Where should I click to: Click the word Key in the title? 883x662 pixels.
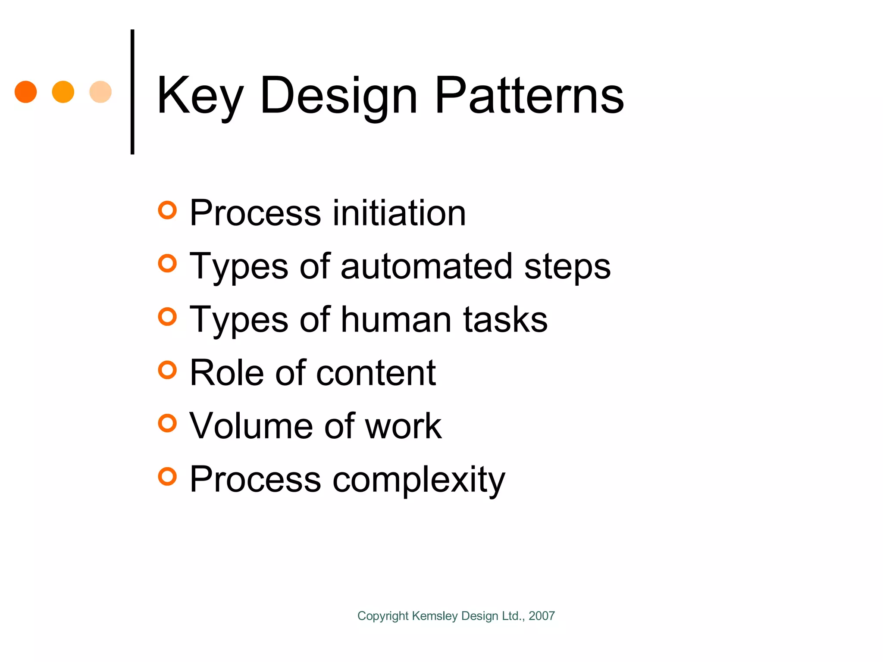click(x=200, y=96)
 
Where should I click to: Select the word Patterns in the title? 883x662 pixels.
click(x=529, y=96)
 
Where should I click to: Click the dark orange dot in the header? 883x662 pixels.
click(x=26, y=92)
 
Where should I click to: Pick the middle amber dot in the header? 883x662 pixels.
click(x=63, y=92)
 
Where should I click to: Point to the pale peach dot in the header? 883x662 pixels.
click(x=100, y=92)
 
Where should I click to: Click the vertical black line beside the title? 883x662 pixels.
click(x=132, y=92)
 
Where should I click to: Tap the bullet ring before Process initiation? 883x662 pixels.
click(x=167, y=210)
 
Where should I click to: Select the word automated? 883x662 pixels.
click(x=426, y=266)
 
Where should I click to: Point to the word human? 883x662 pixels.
click(x=396, y=319)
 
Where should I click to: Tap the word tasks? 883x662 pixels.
click(x=505, y=319)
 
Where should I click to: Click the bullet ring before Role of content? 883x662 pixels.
click(x=167, y=370)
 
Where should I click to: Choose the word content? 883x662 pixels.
click(x=376, y=373)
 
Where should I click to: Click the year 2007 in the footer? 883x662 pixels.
click(x=542, y=616)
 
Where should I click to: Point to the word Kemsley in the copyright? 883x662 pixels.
click(x=435, y=616)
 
